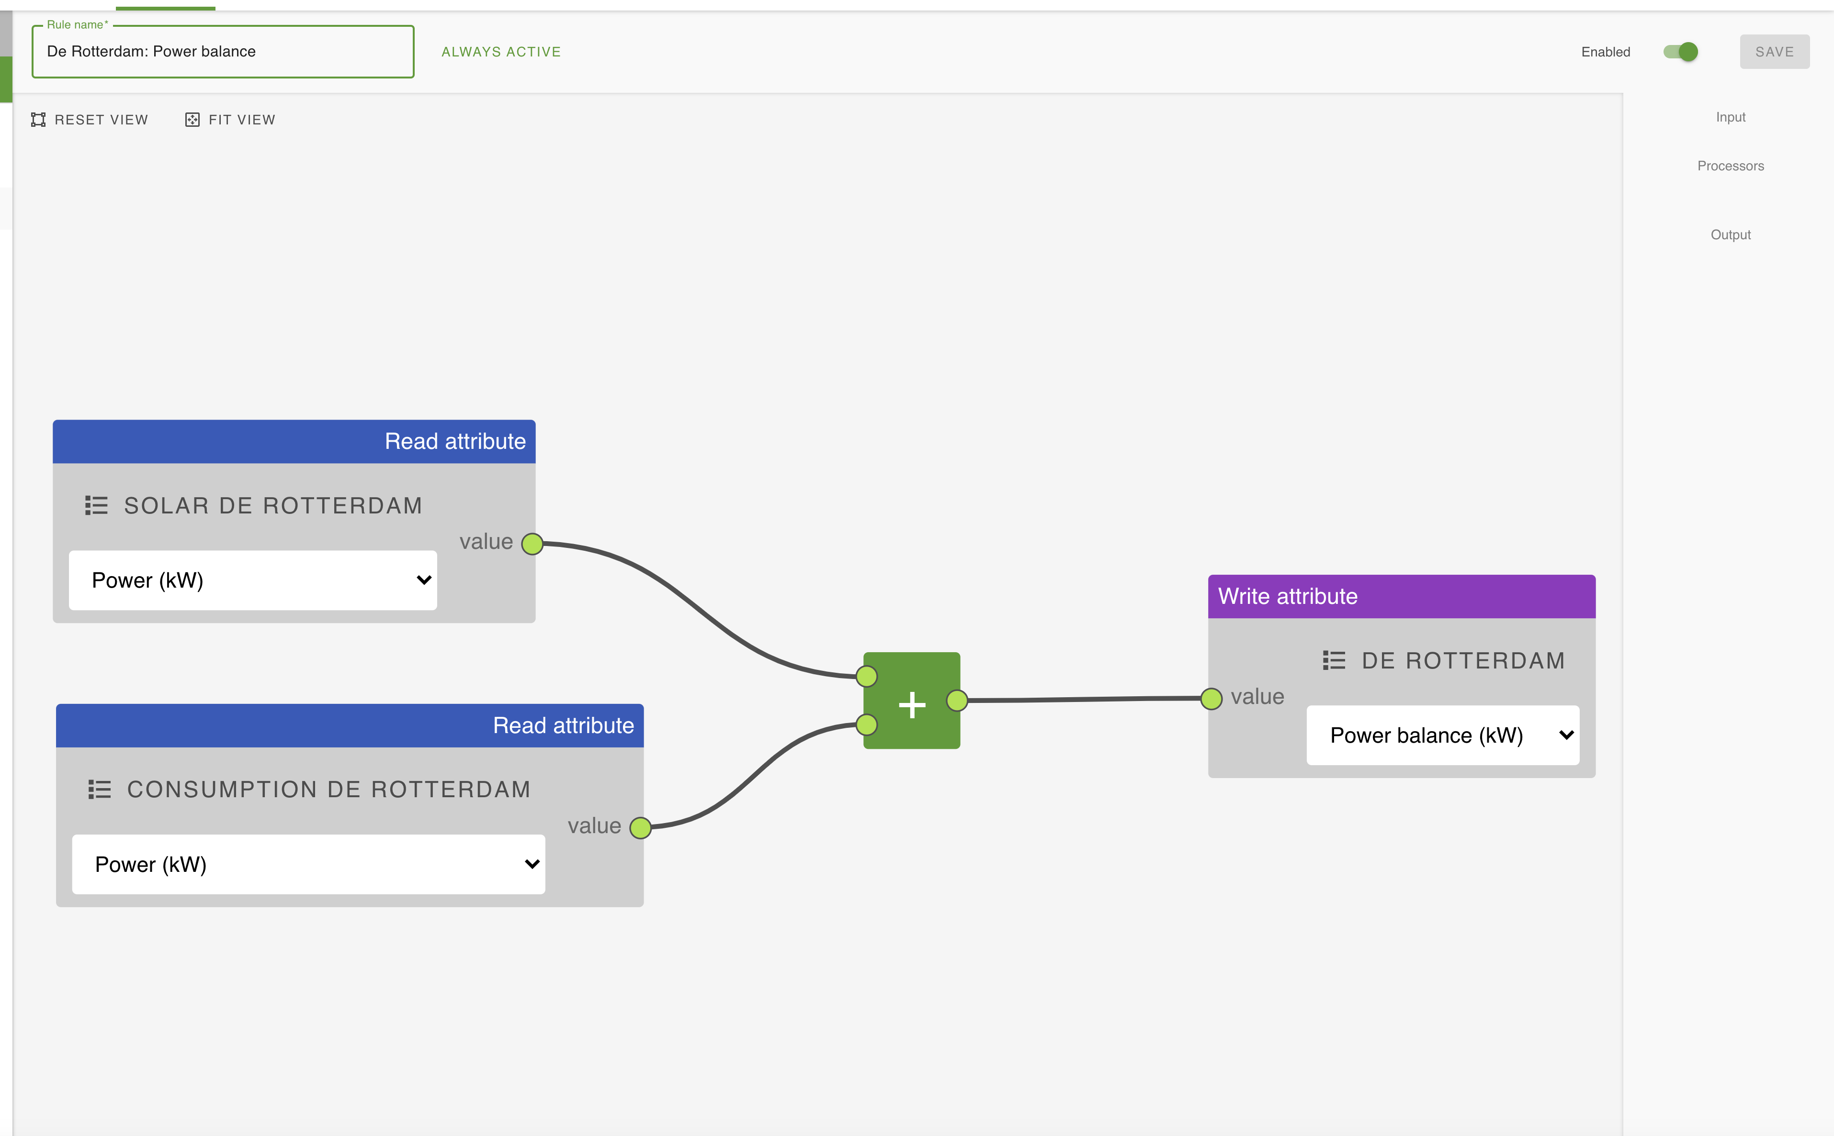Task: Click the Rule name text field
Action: [223, 52]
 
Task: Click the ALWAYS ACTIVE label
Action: [500, 52]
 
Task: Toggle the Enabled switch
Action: [1681, 52]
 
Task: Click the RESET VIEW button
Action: [90, 120]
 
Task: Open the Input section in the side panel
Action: [1730, 117]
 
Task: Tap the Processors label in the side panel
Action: [1730, 166]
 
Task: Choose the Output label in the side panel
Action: [1730, 234]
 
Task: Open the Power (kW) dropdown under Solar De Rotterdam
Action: [252, 580]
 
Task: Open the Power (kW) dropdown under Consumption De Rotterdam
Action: [308, 864]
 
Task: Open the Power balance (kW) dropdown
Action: [1442, 735]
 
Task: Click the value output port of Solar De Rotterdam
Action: [532, 543]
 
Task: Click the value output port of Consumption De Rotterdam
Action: [640, 828]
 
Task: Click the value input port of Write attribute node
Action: [1211, 699]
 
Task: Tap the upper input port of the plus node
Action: [867, 676]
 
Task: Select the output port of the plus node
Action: [957, 700]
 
